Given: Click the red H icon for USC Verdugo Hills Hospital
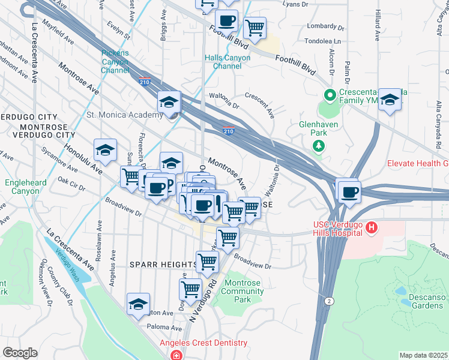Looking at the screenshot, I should click(372, 227).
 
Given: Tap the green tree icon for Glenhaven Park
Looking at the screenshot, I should click(318, 146).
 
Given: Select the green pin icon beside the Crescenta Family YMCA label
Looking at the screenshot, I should click(329, 95).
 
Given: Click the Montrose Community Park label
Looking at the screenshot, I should click(244, 292).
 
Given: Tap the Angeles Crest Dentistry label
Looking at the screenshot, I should click(203, 343).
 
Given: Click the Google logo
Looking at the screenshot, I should click(20, 353).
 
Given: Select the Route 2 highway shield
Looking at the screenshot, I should click(328, 300).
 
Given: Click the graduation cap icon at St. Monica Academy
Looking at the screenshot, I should click(169, 102).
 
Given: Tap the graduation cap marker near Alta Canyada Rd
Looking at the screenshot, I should click(390, 100).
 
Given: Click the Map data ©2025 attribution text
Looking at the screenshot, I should click(424, 355).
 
